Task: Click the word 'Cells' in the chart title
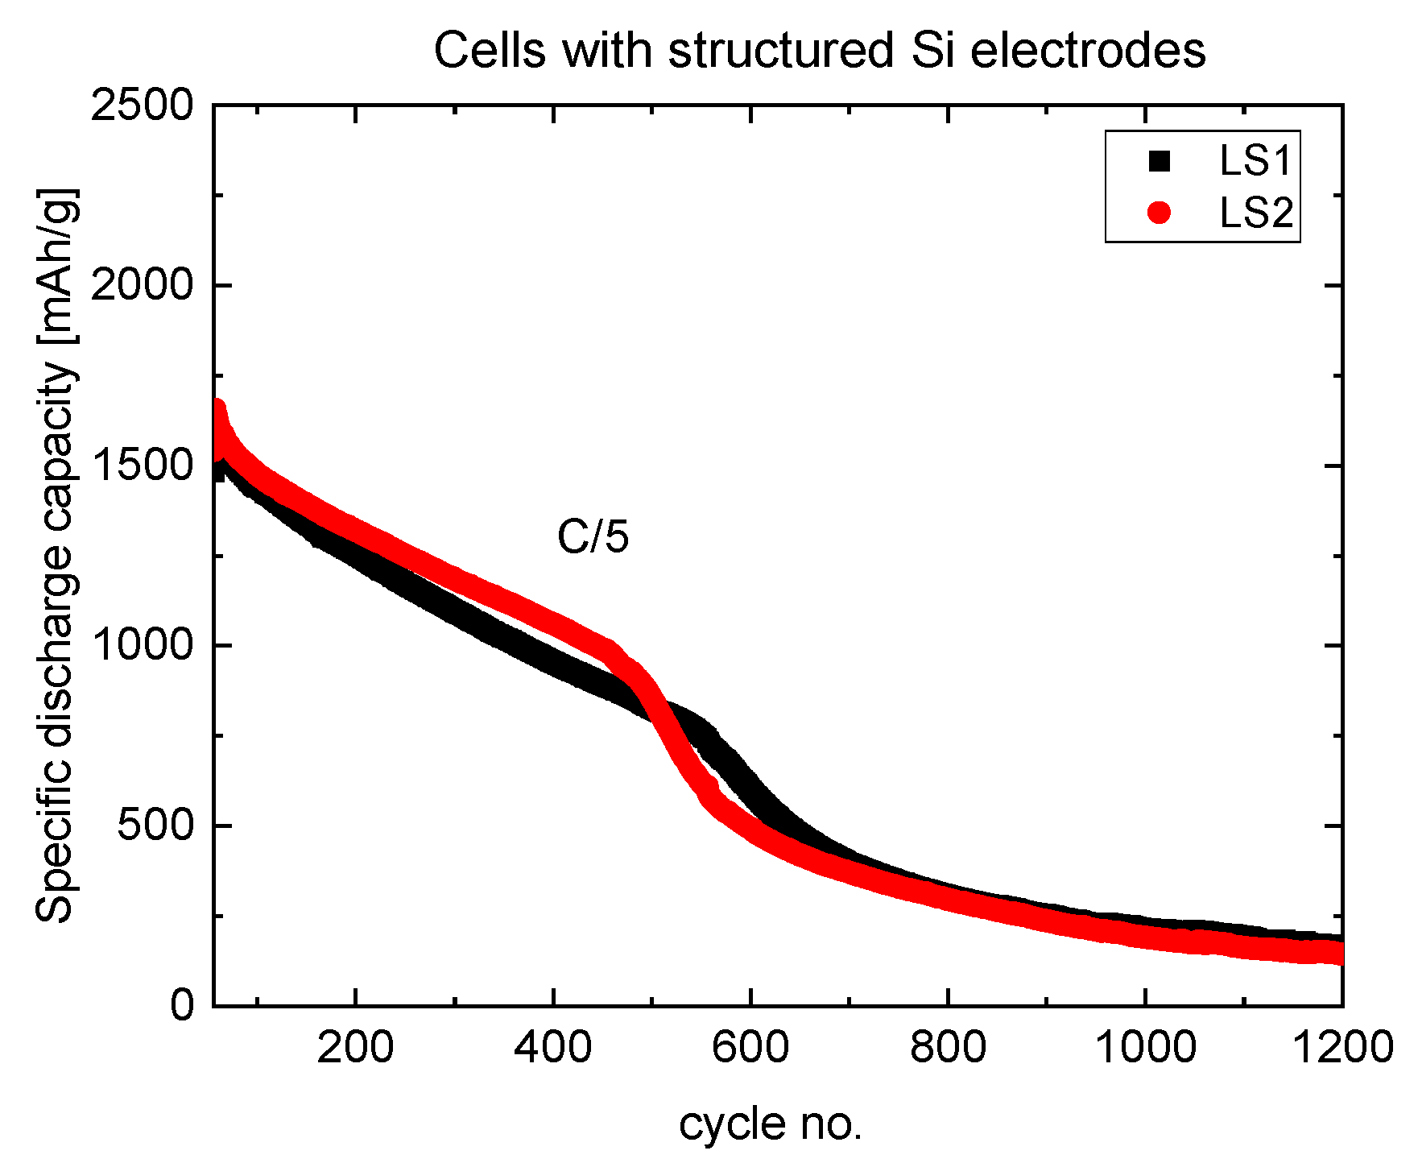[491, 50]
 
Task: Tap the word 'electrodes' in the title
[1088, 50]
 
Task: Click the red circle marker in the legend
[1159, 213]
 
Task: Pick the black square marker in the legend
[1159, 161]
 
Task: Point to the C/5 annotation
[593, 536]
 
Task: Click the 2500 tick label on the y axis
[143, 106]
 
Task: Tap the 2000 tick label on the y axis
[143, 285]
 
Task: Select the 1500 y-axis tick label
[143, 466]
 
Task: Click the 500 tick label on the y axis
[155, 826]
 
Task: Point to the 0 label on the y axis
[182, 1006]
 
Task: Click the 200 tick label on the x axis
[354, 1048]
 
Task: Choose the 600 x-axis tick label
[750, 1048]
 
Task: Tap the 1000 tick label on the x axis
[1145, 1048]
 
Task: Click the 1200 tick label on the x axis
[1342, 1048]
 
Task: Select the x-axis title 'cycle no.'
[770, 1124]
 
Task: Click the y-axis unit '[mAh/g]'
[58, 266]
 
